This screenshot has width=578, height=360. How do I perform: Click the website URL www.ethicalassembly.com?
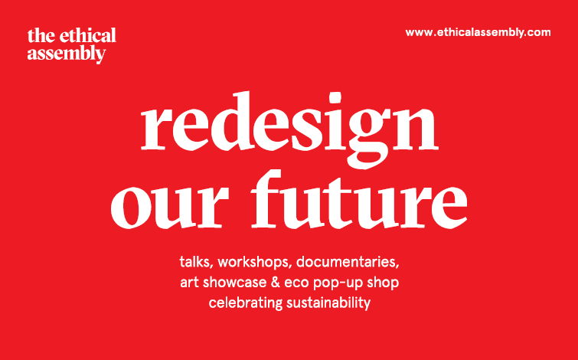point(478,33)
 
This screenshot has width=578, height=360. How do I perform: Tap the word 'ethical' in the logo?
point(88,35)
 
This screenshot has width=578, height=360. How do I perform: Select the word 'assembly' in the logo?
point(67,54)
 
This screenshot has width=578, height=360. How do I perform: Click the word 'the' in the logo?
point(41,35)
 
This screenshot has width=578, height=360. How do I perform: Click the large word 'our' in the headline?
point(170,206)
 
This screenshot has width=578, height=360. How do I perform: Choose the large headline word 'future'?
point(359,199)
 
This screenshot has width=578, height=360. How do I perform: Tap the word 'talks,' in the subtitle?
point(197,262)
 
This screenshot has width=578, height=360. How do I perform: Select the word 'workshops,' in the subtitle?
point(255,262)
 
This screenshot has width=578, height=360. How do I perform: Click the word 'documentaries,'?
point(348,262)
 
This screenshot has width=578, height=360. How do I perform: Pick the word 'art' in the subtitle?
point(189,283)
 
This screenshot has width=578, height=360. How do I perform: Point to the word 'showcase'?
point(234,283)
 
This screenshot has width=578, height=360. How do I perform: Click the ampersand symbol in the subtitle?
point(276,283)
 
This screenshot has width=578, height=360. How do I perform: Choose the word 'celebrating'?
point(246,303)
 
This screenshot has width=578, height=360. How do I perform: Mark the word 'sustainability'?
point(328,303)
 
